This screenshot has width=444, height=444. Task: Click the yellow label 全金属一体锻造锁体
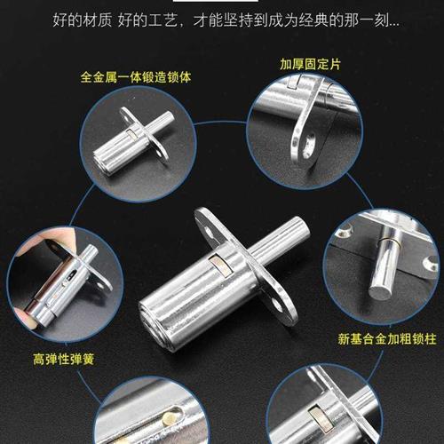click(x=136, y=77)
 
